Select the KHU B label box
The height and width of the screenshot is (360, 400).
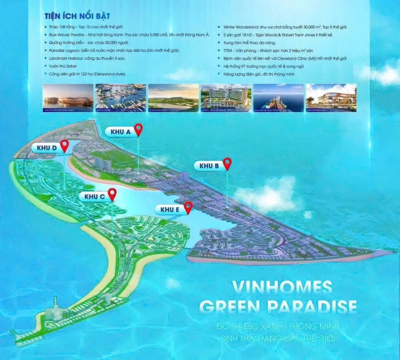tap(209, 165)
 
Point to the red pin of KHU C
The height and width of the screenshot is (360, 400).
tap(112, 194)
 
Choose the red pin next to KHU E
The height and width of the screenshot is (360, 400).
tap(188, 206)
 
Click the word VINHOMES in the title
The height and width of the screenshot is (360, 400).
tap(283, 288)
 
